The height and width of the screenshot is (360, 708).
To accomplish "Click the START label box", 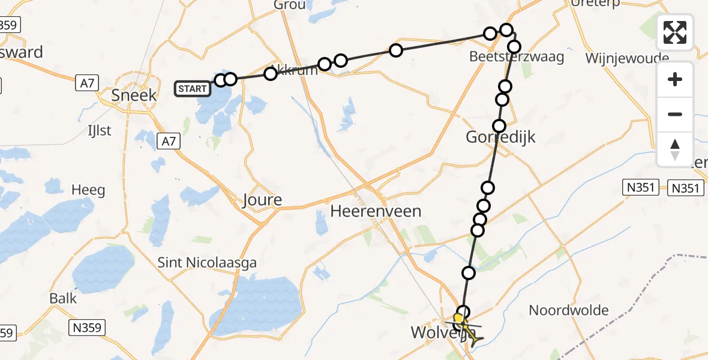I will tap(193, 89).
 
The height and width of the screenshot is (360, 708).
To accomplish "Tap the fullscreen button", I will tap(675, 32).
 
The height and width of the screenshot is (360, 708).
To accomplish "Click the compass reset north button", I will tap(675, 149).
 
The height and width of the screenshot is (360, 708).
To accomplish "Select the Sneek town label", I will tap(134, 95).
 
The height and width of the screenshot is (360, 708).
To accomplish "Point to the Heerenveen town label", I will tap(376, 211).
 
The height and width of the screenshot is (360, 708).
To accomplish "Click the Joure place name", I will tap(262, 200).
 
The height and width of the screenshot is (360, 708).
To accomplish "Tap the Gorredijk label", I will tap(501, 137).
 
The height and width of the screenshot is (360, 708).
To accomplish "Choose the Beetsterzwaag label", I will tap(517, 57).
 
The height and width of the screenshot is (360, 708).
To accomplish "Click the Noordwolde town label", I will tap(569, 311).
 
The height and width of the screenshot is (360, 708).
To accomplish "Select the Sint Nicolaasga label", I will tap(207, 262).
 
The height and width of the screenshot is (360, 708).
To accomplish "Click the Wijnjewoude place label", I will tap(627, 58).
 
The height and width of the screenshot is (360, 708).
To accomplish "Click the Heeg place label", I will tap(88, 190).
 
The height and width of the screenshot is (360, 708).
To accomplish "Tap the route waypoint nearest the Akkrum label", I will tap(271, 74).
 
